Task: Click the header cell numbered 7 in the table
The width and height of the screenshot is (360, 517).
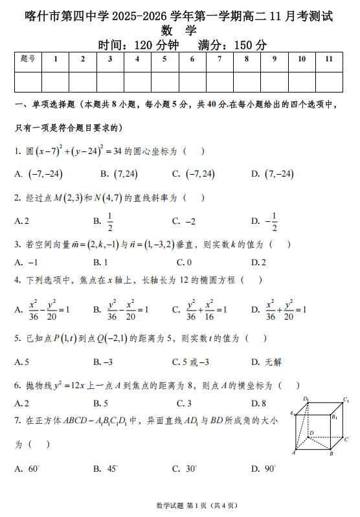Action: tap(219, 60)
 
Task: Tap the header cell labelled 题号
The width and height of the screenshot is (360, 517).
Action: tap(28, 60)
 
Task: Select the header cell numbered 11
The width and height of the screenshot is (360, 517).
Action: tap(329, 60)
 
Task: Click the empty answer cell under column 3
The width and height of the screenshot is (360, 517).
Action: tap(110, 81)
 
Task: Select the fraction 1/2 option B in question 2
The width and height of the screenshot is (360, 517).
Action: tap(106, 221)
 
